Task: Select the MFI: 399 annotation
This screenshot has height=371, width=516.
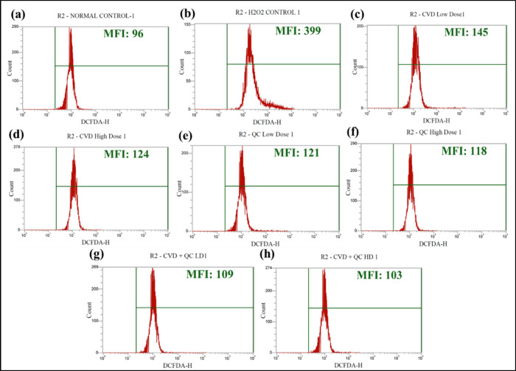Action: coord(285,30)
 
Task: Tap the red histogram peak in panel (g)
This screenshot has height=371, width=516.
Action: coord(153,271)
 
